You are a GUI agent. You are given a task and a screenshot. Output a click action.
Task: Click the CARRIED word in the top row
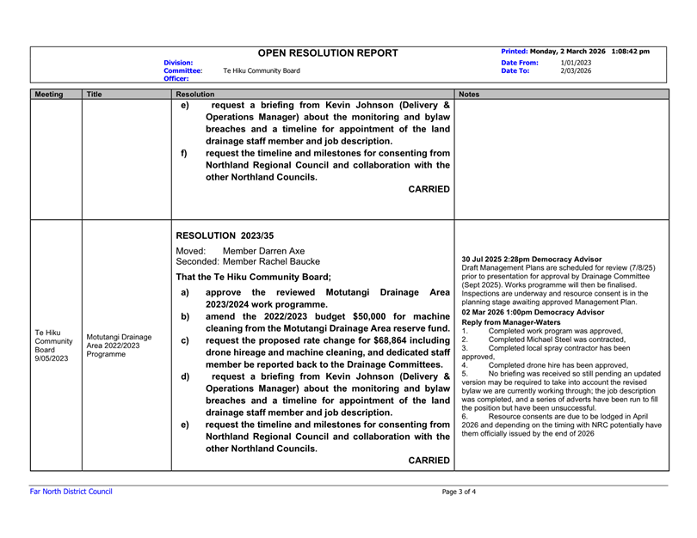(426, 188)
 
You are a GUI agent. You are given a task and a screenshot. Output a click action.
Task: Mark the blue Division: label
(181, 63)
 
